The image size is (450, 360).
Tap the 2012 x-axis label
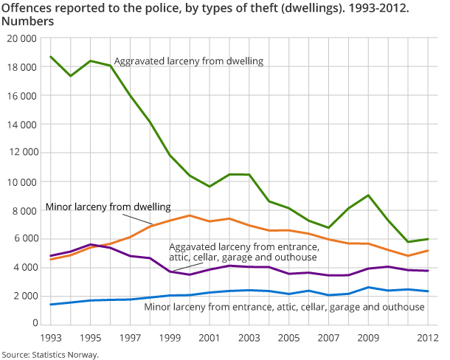point(429,338)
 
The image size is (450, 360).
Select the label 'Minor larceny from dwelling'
point(108,207)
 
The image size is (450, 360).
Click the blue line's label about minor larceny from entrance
point(285,305)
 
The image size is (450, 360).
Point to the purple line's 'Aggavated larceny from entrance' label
point(243,252)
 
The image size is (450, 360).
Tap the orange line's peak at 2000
point(190,215)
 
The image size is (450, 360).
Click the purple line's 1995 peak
point(90,244)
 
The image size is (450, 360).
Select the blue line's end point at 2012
point(429,291)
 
